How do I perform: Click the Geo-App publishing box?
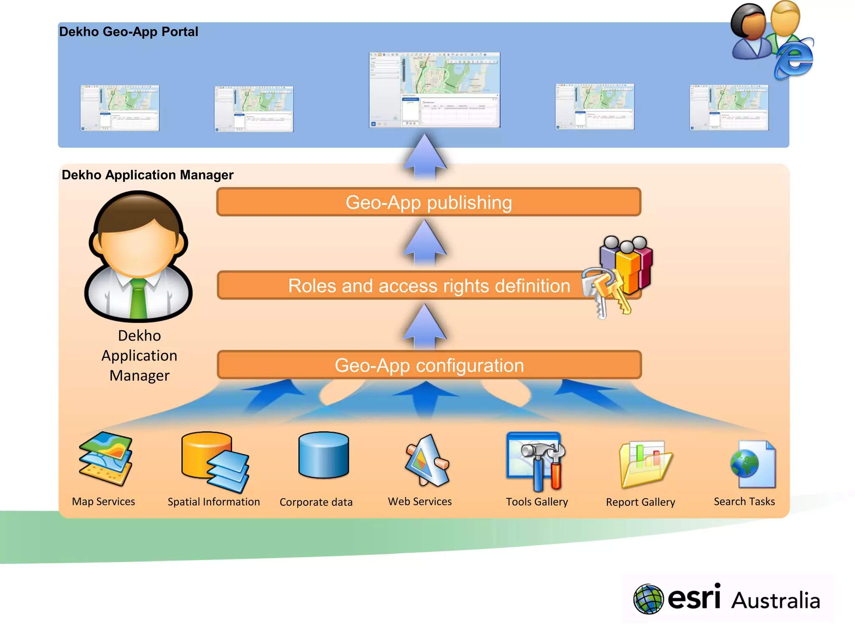(429, 202)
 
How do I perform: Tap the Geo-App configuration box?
(429, 365)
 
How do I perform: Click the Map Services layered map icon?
(106, 459)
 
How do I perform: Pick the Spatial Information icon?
(215, 461)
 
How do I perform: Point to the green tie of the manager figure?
(138, 298)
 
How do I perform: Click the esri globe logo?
(648, 599)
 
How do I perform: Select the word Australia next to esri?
(776, 601)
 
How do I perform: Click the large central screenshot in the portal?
(434, 90)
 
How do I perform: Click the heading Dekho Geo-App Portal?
(129, 32)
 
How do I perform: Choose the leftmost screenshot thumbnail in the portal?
(120, 108)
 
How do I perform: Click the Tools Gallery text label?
(537, 502)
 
